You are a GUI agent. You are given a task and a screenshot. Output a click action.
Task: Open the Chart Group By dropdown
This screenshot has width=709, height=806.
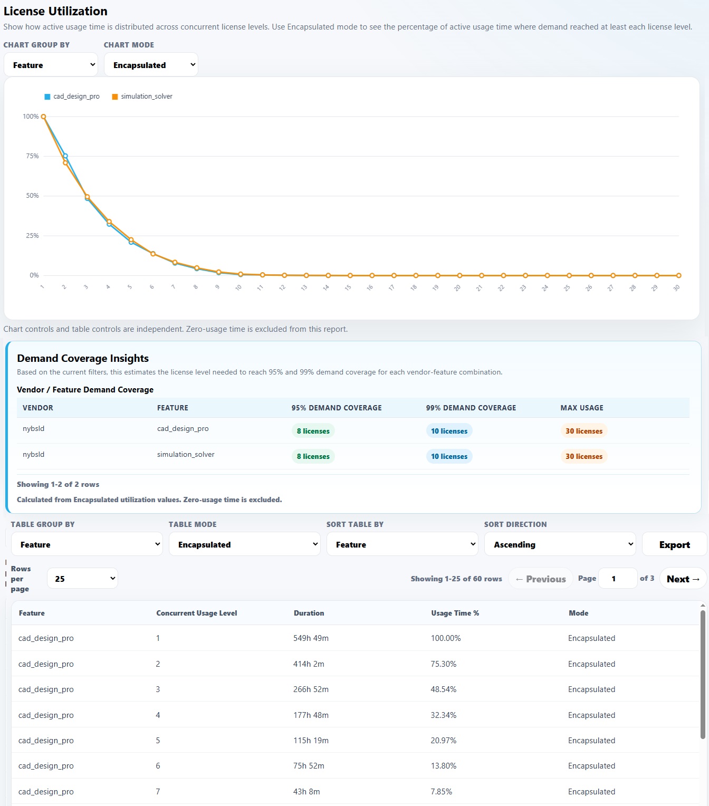pyautogui.click(x=51, y=64)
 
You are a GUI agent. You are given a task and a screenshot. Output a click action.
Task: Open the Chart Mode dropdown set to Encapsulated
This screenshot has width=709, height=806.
pyautogui.click(x=151, y=64)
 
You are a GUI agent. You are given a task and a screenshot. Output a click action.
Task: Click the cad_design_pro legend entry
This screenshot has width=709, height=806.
pyautogui.click(x=72, y=97)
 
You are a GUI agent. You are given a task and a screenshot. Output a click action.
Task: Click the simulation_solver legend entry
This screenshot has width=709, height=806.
pyautogui.click(x=142, y=97)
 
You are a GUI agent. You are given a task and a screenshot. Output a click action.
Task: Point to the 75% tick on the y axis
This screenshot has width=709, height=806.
pyautogui.click(x=32, y=156)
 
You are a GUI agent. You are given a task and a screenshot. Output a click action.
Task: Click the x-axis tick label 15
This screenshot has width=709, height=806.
pyautogui.click(x=348, y=287)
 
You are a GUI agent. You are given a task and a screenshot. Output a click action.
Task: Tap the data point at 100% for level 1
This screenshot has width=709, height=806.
pyautogui.click(x=43, y=117)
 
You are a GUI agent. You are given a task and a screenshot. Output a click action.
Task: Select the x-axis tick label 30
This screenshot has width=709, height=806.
pyautogui.click(x=676, y=287)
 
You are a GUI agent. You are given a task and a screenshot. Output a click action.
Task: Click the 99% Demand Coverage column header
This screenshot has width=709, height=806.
pyautogui.click(x=471, y=408)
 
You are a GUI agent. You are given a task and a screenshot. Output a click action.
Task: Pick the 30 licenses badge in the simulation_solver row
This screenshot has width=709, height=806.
pyautogui.click(x=583, y=456)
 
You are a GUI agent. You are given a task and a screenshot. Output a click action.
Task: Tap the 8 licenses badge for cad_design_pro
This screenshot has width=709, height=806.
pyautogui.click(x=313, y=431)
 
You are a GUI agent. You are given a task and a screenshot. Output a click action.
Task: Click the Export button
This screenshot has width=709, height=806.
pyautogui.click(x=674, y=544)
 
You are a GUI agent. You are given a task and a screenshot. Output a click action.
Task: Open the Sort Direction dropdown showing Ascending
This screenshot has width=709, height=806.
pyautogui.click(x=560, y=544)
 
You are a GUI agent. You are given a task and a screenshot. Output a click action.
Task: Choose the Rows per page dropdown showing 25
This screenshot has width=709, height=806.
pyautogui.click(x=82, y=579)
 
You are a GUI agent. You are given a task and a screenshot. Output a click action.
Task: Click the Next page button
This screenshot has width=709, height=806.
pyautogui.click(x=683, y=579)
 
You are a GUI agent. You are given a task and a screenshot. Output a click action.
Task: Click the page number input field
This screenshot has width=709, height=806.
pyautogui.click(x=617, y=579)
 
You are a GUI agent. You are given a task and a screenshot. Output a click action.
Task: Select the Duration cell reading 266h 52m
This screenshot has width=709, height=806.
pyautogui.click(x=311, y=689)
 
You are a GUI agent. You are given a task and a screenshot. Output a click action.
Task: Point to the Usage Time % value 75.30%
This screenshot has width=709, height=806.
pyautogui.click(x=443, y=664)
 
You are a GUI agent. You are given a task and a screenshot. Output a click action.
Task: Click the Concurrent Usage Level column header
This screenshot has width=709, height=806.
pyautogui.click(x=197, y=613)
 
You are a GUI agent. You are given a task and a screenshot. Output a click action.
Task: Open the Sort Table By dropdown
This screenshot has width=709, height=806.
pyautogui.click(x=403, y=544)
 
